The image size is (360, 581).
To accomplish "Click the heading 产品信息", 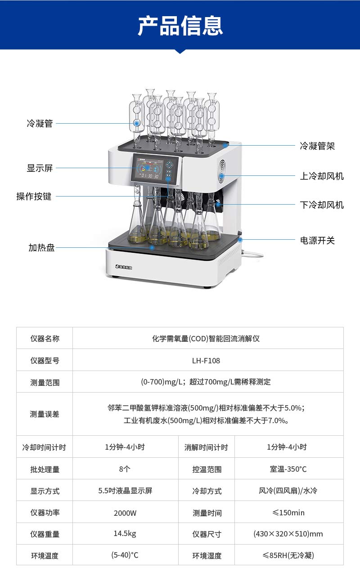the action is click(180, 26).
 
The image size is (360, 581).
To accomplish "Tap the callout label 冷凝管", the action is click(40, 124).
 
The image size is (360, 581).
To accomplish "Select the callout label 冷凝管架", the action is click(317, 146).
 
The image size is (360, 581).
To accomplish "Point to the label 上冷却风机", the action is click(322, 176).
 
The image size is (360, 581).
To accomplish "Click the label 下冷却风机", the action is click(322, 205).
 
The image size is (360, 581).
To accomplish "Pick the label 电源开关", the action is click(317, 241).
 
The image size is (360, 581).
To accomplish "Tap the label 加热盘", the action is click(41, 248).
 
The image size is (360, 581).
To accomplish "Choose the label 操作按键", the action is click(34, 197).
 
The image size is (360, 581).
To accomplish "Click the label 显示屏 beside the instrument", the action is click(40, 168).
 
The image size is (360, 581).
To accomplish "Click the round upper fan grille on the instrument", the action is click(222, 171).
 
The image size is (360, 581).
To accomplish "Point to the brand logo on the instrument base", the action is click(124, 267).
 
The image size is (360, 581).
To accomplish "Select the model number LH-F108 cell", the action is click(206, 361).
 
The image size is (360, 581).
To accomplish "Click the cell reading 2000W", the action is click(125, 513).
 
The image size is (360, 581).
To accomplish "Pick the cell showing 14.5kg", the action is click(125, 533).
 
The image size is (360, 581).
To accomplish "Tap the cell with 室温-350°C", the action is click(288, 469).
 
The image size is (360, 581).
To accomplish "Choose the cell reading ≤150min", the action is click(288, 513).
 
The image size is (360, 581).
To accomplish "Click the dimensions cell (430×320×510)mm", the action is click(288, 534).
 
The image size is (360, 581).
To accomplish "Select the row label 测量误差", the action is click(45, 414).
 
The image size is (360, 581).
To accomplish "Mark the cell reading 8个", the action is click(125, 469).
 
